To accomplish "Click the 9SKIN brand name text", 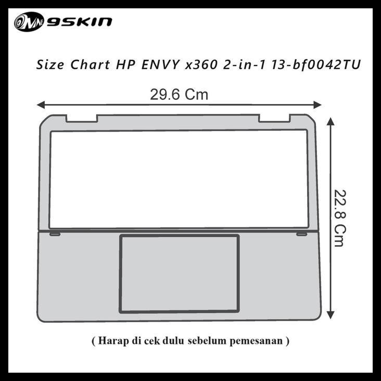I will click(x=79, y=22).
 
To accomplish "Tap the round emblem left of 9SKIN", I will click(x=29, y=22).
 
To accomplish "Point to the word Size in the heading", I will click(x=48, y=65).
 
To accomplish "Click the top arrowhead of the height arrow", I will click(x=330, y=121).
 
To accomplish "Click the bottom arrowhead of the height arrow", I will click(x=330, y=315).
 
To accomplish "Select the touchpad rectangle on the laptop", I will click(x=179, y=274).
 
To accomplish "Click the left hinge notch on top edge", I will click(x=82, y=118).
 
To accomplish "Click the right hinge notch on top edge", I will click(x=274, y=118).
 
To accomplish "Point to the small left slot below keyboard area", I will click(x=55, y=234).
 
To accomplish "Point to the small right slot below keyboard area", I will click(x=301, y=234).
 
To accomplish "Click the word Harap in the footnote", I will click(x=111, y=341).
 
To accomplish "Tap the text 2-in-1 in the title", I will click(x=243, y=65).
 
